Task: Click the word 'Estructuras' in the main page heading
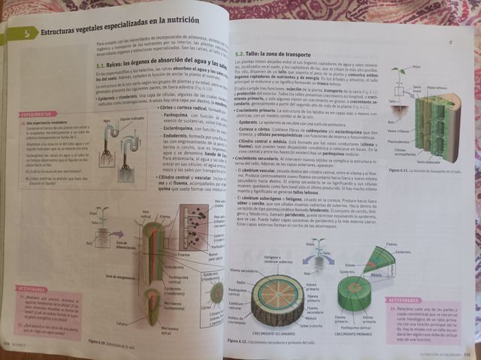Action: pos(62,33)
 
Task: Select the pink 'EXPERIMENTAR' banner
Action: pos(33,115)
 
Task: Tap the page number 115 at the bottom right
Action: pos(466,354)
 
